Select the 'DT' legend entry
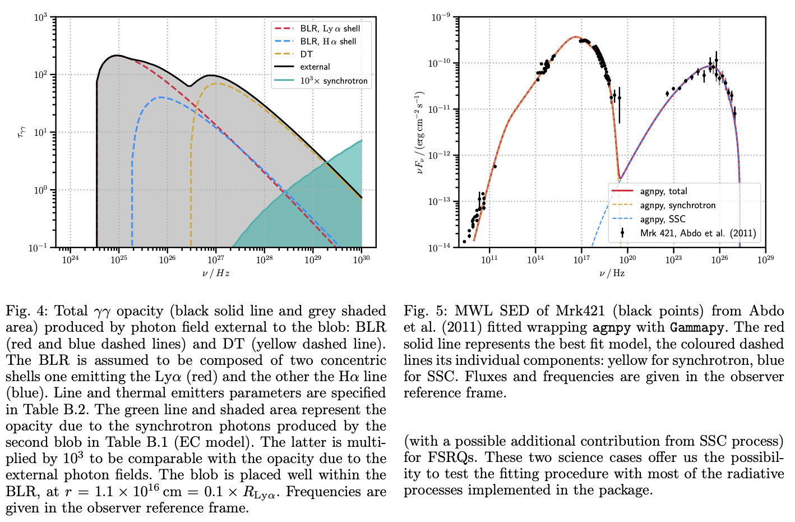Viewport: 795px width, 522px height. pos(306,54)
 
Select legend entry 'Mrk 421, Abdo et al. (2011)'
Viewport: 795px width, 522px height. pos(698,233)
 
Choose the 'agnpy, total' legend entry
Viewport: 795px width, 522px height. pos(663,191)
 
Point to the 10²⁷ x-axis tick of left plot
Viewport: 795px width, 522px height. pos(216,260)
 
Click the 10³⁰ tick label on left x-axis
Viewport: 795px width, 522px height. pos(361,260)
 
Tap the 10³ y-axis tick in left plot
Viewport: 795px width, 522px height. pos(40,17)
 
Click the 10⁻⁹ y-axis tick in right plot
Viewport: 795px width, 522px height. pos(441,17)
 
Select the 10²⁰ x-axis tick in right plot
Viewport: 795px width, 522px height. pos(627,259)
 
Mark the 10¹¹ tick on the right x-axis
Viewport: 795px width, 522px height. pos(489,259)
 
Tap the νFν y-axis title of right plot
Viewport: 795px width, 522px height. pos(420,132)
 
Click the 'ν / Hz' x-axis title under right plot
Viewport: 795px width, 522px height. pos(612,273)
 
